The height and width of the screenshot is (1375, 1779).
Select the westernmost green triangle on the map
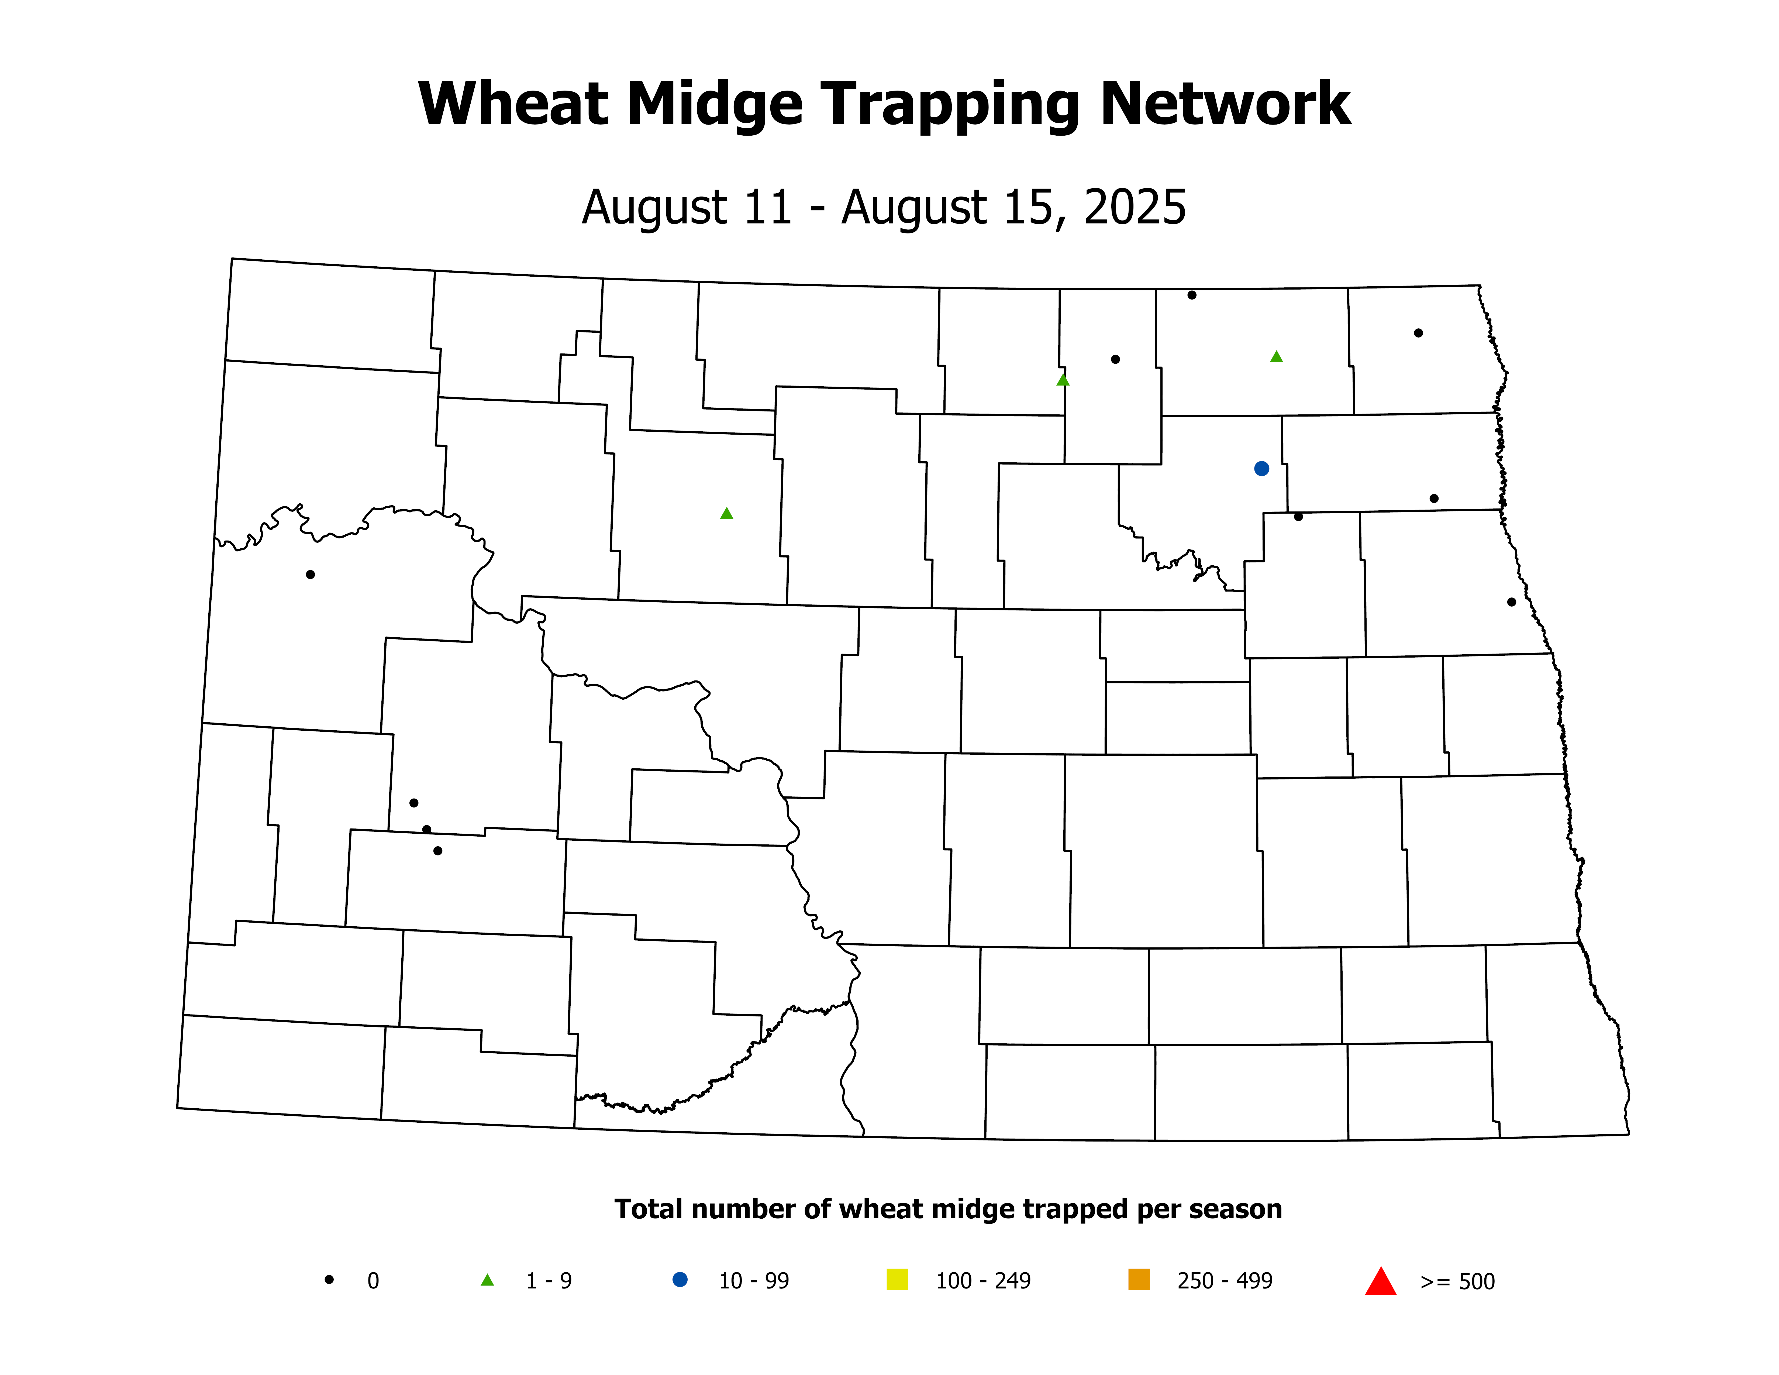[x=727, y=513]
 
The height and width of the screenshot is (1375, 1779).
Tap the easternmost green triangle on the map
[x=1276, y=357]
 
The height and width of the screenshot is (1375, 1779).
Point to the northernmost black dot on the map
[x=1192, y=295]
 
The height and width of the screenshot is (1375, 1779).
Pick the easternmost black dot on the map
[x=1512, y=602]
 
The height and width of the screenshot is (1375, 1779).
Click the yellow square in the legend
[x=897, y=1280]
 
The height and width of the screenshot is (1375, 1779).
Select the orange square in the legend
[x=1139, y=1280]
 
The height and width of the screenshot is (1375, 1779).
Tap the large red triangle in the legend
[x=1381, y=1281]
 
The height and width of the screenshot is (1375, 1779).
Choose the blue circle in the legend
[x=679, y=1280]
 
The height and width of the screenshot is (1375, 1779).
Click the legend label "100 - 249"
[x=983, y=1281]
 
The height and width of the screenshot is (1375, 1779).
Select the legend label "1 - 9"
[x=549, y=1281]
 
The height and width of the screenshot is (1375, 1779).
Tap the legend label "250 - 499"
[x=1224, y=1281]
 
